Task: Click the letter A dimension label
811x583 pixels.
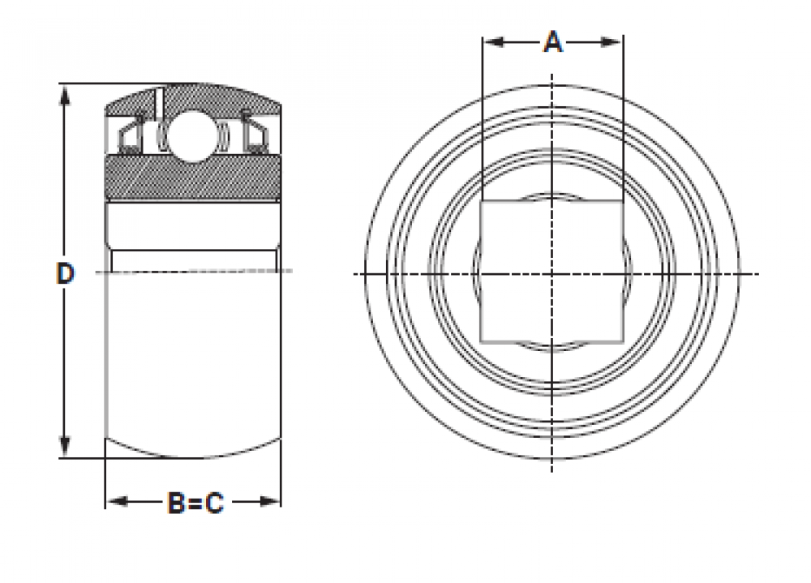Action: [x=553, y=41]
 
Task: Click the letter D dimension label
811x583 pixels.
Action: [x=65, y=273]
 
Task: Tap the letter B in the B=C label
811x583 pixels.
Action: [x=176, y=502]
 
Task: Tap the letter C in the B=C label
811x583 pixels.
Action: [x=214, y=502]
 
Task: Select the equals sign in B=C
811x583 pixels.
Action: [x=195, y=503]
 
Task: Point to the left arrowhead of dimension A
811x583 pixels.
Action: [x=493, y=41]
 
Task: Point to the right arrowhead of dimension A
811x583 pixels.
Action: [x=611, y=41]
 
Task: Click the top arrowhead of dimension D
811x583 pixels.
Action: [x=65, y=96]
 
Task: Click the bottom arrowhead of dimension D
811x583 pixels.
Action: [x=65, y=447]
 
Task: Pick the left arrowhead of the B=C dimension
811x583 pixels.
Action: [x=117, y=501]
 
